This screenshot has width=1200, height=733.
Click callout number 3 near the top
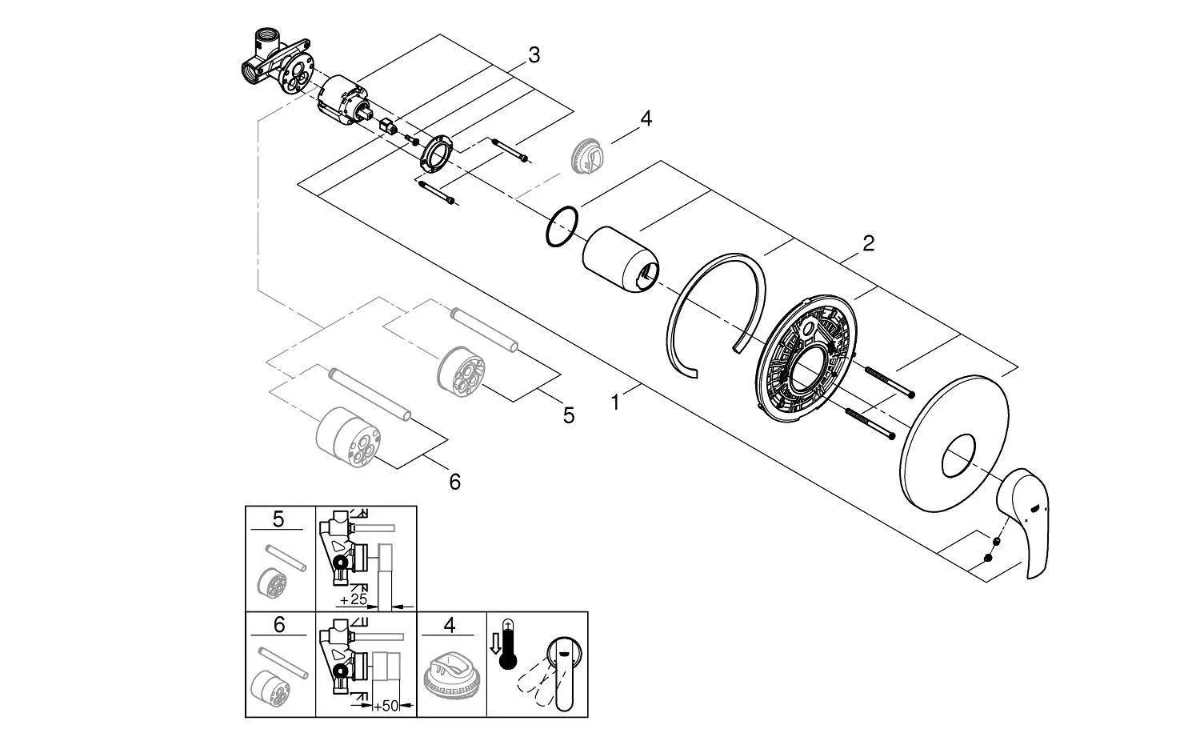[534, 55]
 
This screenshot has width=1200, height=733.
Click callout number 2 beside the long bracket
[868, 243]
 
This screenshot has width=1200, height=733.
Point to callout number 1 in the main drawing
[615, 403]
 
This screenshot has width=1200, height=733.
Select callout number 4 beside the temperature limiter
[646, 118]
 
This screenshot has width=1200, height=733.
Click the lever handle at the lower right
[1024, 523]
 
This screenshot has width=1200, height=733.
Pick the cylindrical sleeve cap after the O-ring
[620, 259]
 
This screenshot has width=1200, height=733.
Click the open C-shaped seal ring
[676, 300]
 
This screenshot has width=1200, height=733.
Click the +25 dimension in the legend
[354, 599]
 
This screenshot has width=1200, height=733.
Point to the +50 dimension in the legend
[386, 707]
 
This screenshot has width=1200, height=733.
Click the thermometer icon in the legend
[506, 645]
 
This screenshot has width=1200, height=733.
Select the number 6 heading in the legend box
[279, 625]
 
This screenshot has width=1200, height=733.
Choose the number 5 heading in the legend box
[278, 519]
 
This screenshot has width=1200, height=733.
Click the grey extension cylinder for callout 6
[349, 437]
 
